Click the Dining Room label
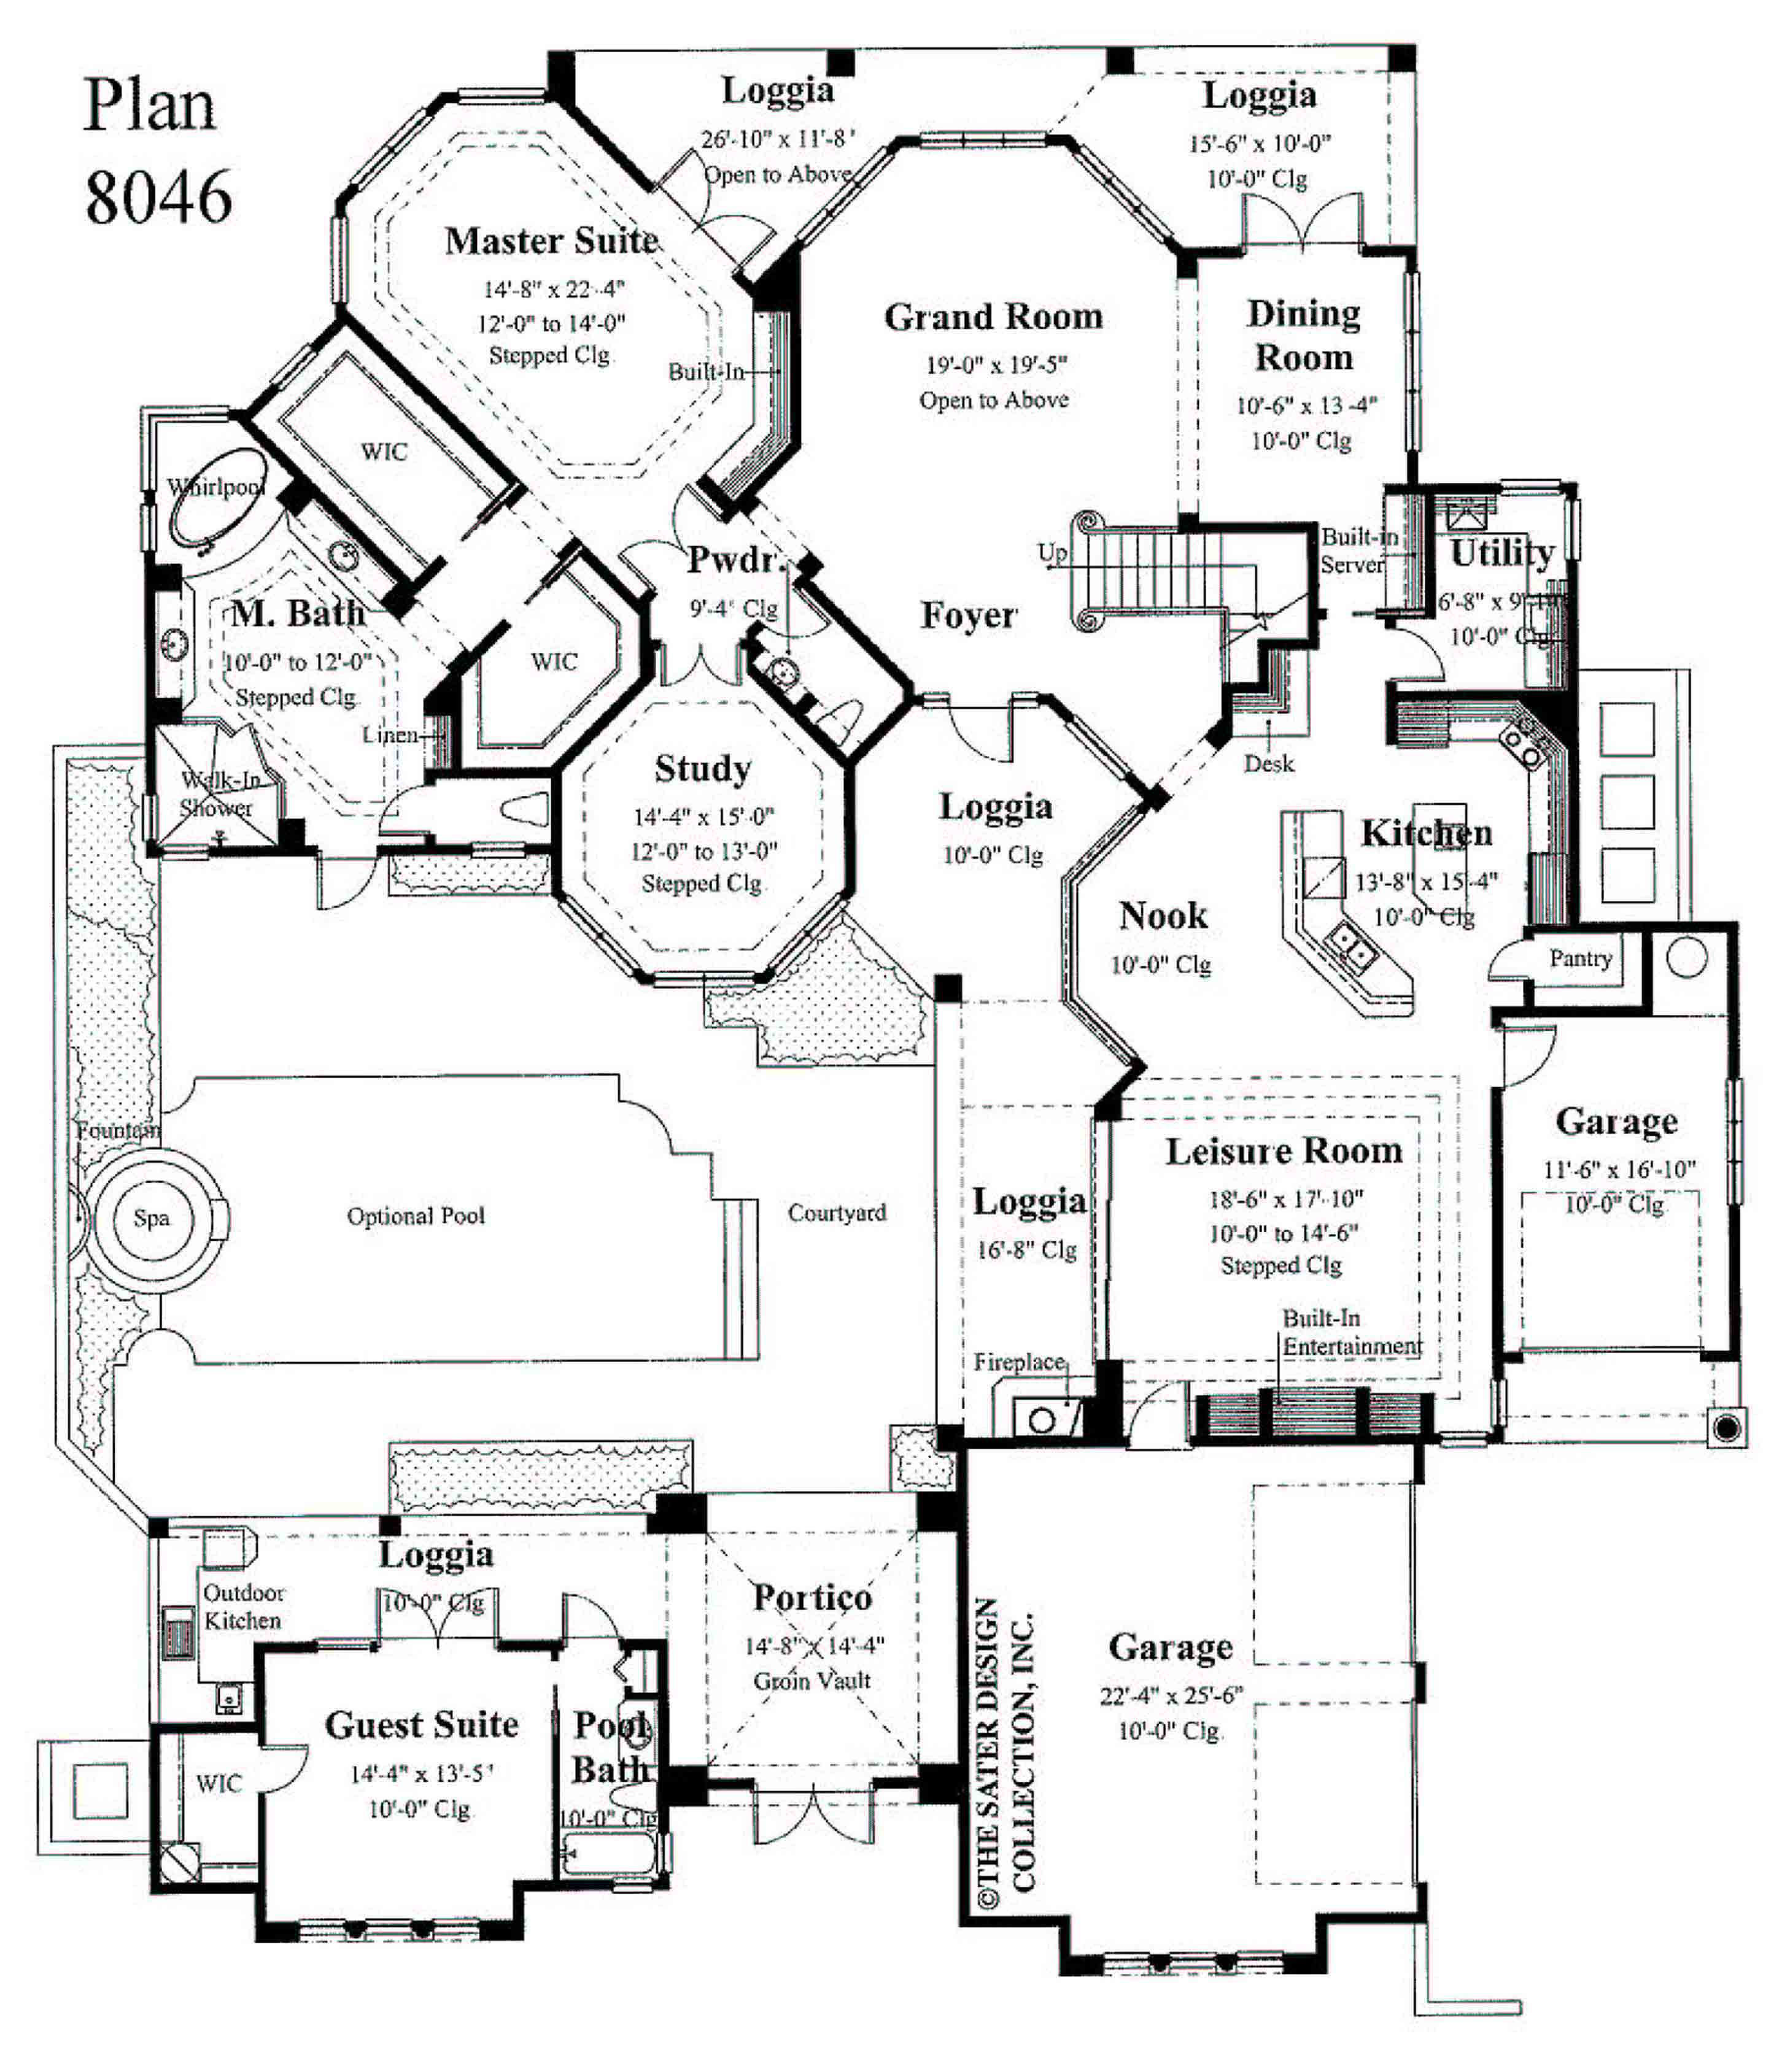click(1304, 335)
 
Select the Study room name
click(702, 768)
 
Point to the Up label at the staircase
click(1052, 552)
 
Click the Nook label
click(1163, 916)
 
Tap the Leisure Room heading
click(1284, 1151)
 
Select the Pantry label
click(1580, 958)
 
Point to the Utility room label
click(1501, 553)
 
